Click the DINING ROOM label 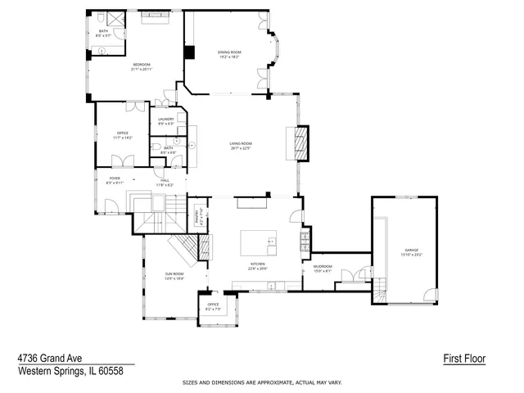pos(229,52)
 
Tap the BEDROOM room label pos(141,64)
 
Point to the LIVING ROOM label pos(240,143)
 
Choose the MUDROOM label pos(323,266)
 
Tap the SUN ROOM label pos(174,273)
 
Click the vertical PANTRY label pos(196,217)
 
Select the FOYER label pos(115,178)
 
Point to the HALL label pos(165,180)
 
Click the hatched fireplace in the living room pos(302,144)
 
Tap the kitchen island pos(258,243)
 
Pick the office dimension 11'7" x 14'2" pos(121,138)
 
